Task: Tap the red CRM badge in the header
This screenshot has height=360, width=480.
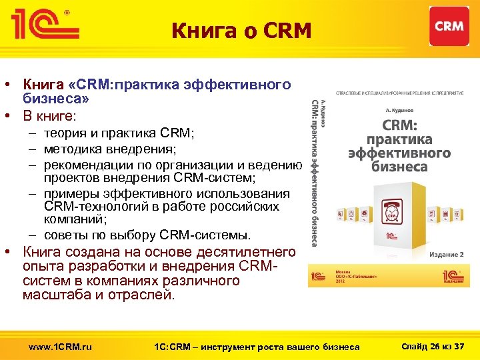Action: pos(449,26)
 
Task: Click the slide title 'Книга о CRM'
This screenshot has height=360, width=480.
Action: pos(241,31)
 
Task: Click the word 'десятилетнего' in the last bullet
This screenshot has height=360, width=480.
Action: pos(251,252)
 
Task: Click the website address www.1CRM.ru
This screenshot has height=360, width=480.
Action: pos(61,346)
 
